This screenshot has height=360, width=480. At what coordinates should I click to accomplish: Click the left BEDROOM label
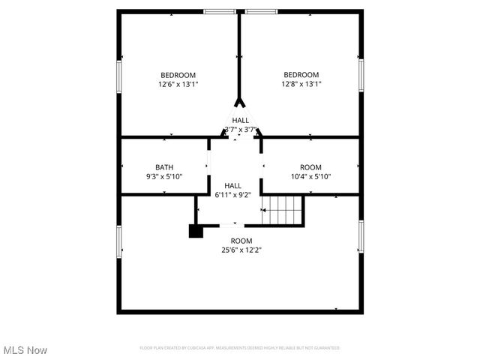[x=178, y=75]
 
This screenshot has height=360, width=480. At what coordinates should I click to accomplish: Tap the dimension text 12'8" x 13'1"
[x=301, y=85]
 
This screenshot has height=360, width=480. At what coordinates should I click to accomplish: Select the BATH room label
[x=164, y=167]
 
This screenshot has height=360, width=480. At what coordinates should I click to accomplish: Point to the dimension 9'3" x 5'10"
[x=164, y=177]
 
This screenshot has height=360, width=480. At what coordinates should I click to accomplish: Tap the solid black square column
[x=196, y=231]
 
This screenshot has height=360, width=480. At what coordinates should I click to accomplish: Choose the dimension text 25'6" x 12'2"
[x=241, y=250]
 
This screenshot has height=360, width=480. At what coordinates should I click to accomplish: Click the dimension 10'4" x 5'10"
[x=310, y=177]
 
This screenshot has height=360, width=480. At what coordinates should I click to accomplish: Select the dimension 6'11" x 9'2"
[x=233, y=195]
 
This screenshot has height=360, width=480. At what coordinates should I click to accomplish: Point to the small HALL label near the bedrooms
[x=241, y=120]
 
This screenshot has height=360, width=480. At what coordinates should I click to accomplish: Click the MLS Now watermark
[x=25, y=350]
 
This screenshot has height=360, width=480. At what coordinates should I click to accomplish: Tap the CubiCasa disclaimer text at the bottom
[x=240, y=348]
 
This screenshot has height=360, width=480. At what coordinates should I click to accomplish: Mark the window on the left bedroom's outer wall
[x=119, y=77]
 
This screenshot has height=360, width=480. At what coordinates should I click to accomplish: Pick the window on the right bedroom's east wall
[x=361, y=77]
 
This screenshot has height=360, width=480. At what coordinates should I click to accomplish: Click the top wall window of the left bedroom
[x=220, y=12]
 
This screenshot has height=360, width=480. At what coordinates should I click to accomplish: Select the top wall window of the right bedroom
[x=261, y=12]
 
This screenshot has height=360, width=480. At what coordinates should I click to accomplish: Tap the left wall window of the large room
[x=119, y=242]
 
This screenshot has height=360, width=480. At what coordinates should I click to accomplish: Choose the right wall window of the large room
[x=361, y=236]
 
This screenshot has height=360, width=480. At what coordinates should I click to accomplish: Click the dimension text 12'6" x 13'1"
[x=178, y=85]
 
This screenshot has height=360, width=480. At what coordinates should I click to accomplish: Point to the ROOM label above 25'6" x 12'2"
[x=241, y=241]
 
